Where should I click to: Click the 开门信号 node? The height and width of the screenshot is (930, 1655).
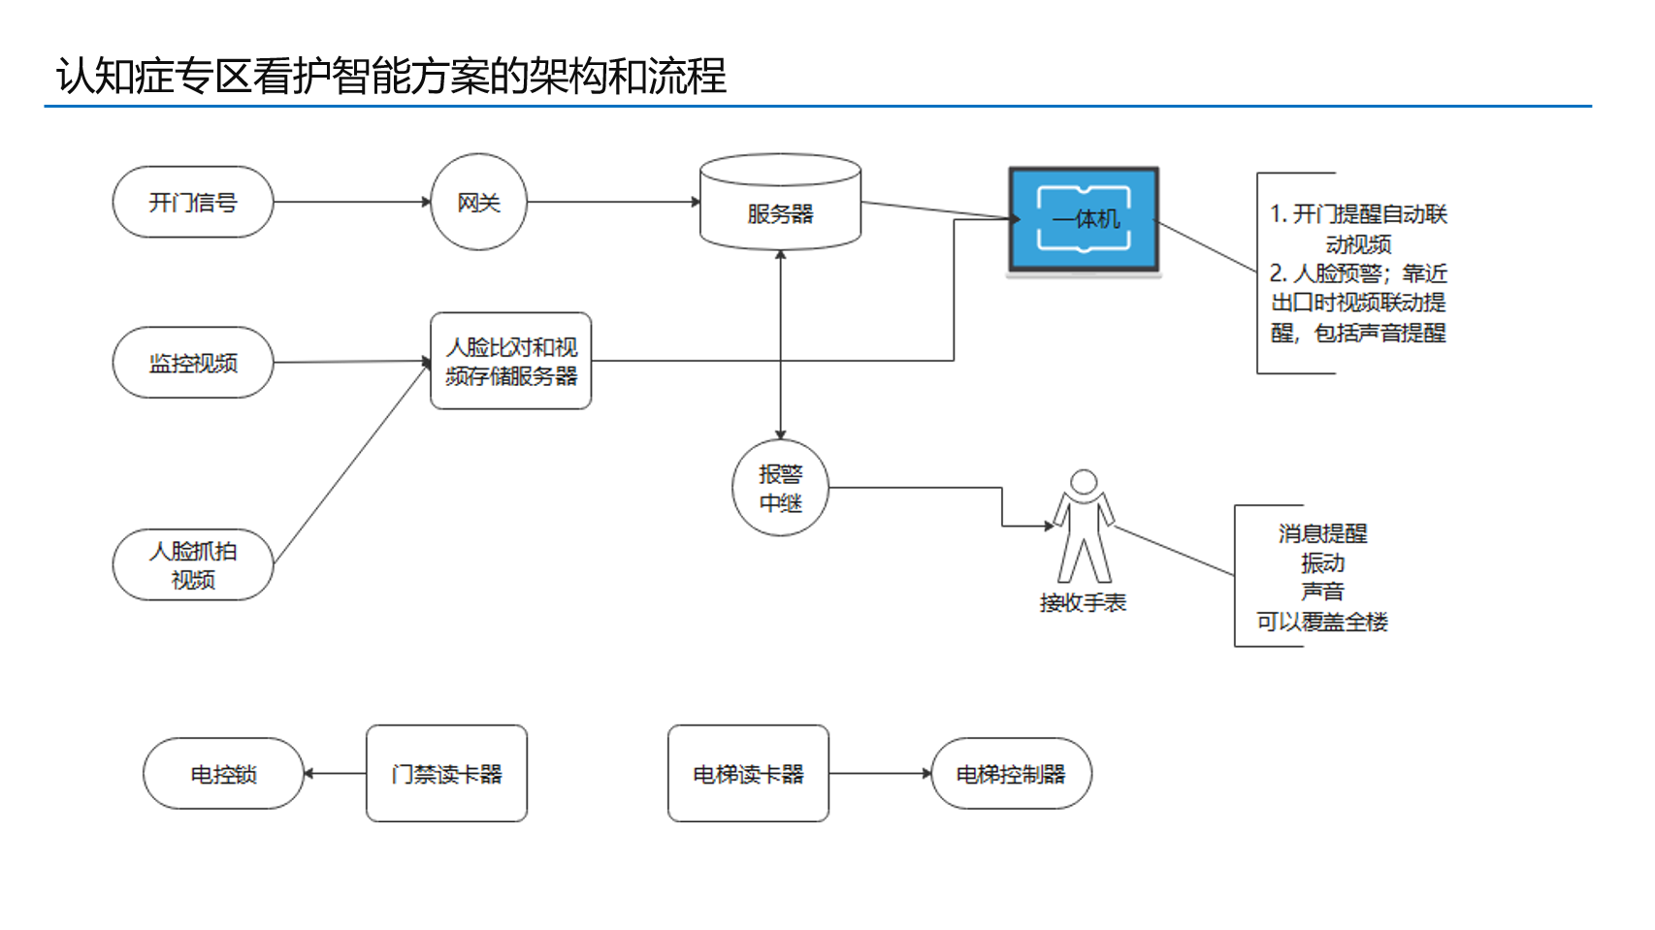pyautogui.click(x=192, y=202)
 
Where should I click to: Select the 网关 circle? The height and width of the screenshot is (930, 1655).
pyautogui.click(x=478, y=202)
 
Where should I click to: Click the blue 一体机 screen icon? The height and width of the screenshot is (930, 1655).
pyautogui.click(x=1084, y=219)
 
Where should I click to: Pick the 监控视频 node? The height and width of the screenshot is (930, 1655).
pyautogui.click(x=192, y=363)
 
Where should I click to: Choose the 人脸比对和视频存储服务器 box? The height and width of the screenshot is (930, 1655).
pyautogui.click(x=510, y=361)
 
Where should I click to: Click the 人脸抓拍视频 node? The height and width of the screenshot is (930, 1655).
pyautogui.click(x=192, y=564)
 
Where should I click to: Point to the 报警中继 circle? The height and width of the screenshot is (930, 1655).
pyautogui.click(x=780, y=488)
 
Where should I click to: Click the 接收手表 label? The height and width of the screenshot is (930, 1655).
pyautogui.click(x=1083, y=603)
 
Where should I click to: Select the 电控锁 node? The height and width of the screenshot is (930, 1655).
pyautogui.click(x=223, y=774)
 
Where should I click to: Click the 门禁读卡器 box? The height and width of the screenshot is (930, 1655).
pyautogui.click(x=446, y=774)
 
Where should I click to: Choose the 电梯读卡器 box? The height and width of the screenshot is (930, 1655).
pyautogui.click(x=748, y=774)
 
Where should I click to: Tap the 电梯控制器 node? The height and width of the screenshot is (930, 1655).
pyautogui.click(x=1011, y=774)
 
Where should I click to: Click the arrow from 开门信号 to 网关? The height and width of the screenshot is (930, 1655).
pyautogui.click(x=351, y=202)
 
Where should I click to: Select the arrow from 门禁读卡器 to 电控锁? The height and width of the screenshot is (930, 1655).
pyautogui.click(x=335, y=774)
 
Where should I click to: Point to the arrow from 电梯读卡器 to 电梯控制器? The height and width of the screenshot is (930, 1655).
pyautogui.click(x=880, y=774)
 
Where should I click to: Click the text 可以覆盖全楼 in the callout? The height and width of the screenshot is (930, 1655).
pyautogui.click(x=1322, y=622)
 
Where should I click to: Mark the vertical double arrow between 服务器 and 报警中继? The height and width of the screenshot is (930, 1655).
pyautogui.click(x=780, y=344)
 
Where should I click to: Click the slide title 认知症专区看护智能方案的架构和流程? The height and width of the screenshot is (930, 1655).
pyautogui.click(x=391, y=76)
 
